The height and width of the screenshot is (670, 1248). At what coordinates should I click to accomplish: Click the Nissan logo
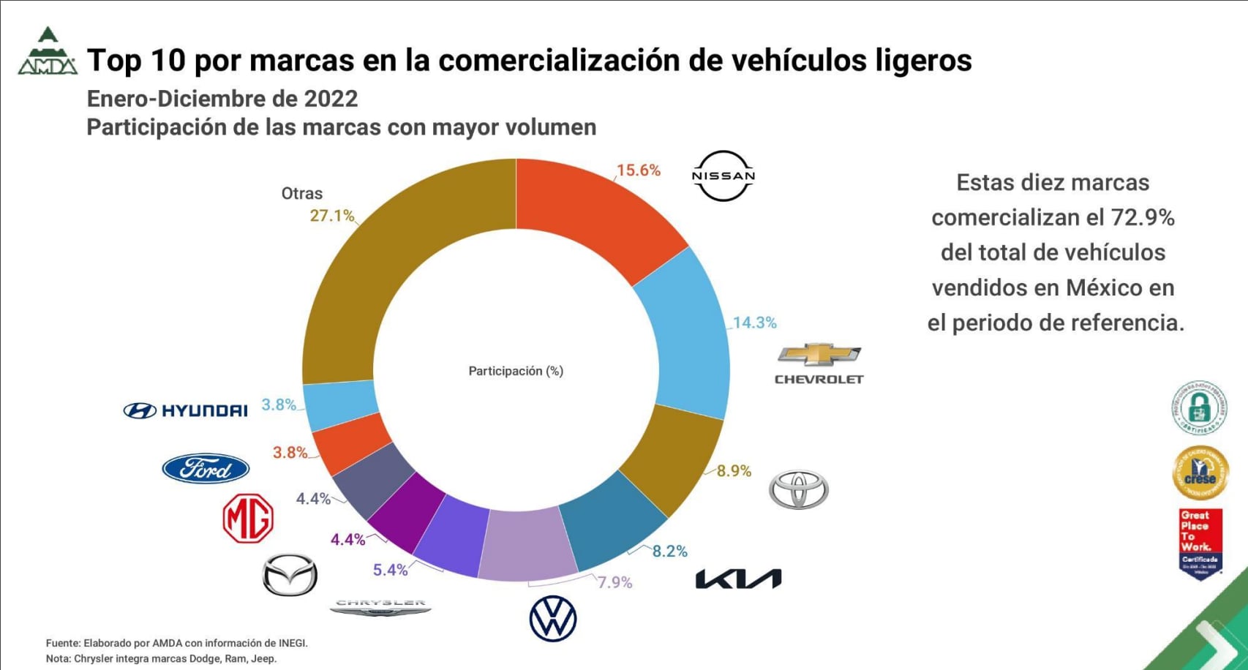point(723,176)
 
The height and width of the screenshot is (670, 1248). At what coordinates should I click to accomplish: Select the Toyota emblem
point(799,489)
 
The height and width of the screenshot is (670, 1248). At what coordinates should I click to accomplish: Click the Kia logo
point(738,579)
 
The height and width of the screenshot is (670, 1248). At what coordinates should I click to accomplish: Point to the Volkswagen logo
point(553,619)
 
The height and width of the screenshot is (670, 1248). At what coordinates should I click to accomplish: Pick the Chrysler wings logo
point(380,608)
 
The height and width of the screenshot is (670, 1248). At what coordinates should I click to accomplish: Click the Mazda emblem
point(290,575)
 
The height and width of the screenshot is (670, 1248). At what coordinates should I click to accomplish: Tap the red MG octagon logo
point(248,518)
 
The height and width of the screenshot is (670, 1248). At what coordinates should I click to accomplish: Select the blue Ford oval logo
point(206,469)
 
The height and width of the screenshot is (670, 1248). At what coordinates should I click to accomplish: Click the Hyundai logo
point(186,410)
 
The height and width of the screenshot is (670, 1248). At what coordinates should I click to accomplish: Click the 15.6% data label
point(638,170)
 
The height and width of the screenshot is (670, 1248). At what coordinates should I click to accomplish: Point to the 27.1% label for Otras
point(331,216)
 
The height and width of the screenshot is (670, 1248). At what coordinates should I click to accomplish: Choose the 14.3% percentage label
point(754,323)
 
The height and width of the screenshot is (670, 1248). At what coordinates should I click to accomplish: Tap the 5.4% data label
point(390,570)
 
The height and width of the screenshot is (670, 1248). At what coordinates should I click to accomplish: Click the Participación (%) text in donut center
point(516,371)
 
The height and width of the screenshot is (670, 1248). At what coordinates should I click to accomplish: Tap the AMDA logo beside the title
point(48,53)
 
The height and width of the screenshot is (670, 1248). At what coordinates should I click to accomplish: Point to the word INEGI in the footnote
point(292,644)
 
